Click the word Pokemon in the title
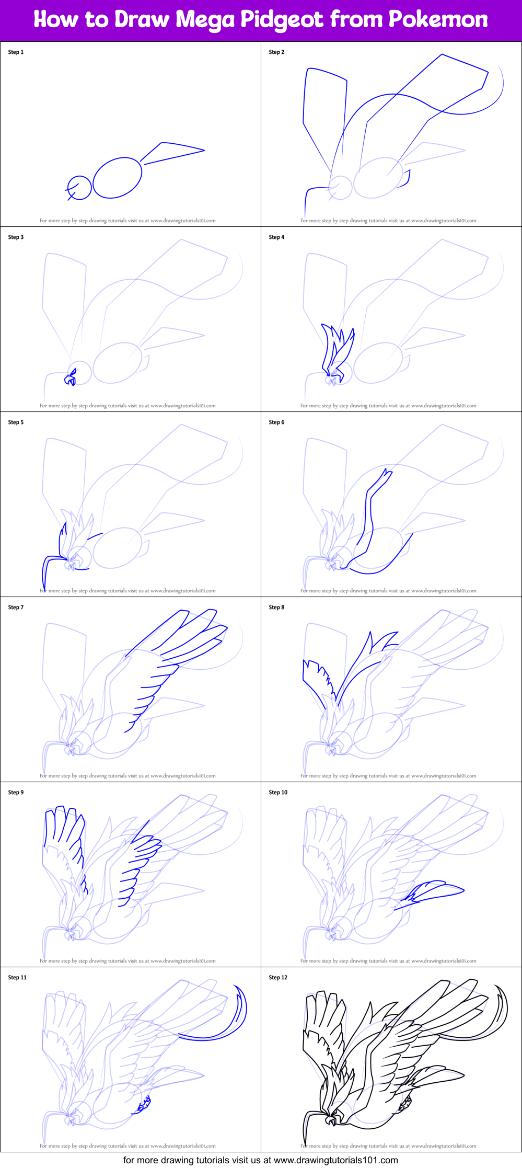pyautogui.click(x=438, y=19)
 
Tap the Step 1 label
pyautogui.click(x=16, y=52)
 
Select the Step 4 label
pyautogui.click(x=276, y=237)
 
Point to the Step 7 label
pyautogui.click(x=16, y=608)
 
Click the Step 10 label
pyautogui.click(x=278, y=793)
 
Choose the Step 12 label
pyautogui.click(x=278, y=978)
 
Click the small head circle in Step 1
pyautogui.click(x=80, y=187)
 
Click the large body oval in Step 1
pyautogui.click(x=118, y=178)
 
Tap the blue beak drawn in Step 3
pyautogui.click(x=71, y=379)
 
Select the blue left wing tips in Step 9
pyautogui.click(x=63, y=826)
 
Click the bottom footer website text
pyautogui.click(x=260, y=1160)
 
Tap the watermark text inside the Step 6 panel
pyautogui.click(x=388, y=591)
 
